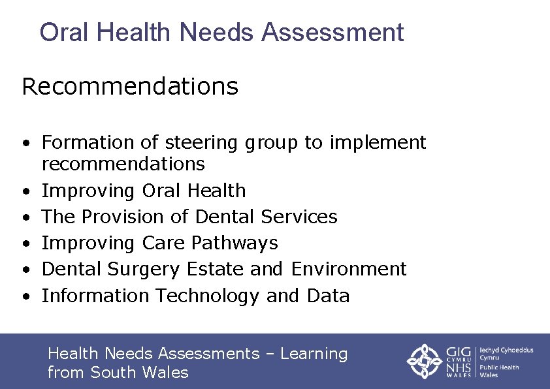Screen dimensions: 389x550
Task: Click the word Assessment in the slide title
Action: tap(332, 32)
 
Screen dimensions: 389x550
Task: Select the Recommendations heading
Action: tap(130, 86)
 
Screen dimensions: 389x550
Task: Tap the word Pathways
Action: tap(235, 243)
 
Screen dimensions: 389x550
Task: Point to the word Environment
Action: tap(349, 269)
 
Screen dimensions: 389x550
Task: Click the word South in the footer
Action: tap(113, 373)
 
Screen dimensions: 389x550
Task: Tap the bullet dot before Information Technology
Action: tap(25, 296)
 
